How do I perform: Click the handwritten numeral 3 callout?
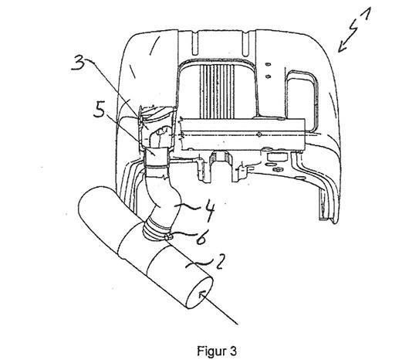tap(78, 63)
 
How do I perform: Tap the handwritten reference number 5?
tap(100, 110)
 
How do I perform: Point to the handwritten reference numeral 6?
tap(201, 237)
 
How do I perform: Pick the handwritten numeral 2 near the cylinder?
tap(220, 261)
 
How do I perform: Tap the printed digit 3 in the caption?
tap(233, 351)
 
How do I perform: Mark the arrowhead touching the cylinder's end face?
tap(202, 294)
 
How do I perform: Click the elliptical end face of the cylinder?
tap(200, 293)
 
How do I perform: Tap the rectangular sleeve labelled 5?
tap(157, 157)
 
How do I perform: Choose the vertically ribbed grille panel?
tap(217, 91)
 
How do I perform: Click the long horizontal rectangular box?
tap(242, 134)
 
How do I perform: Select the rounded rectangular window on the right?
tap(302, 102)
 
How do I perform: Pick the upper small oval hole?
tap(269, 64)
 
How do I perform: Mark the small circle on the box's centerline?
tap(258, 134)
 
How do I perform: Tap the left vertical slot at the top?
tap(195, 42)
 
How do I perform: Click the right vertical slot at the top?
tap(245, 42)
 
